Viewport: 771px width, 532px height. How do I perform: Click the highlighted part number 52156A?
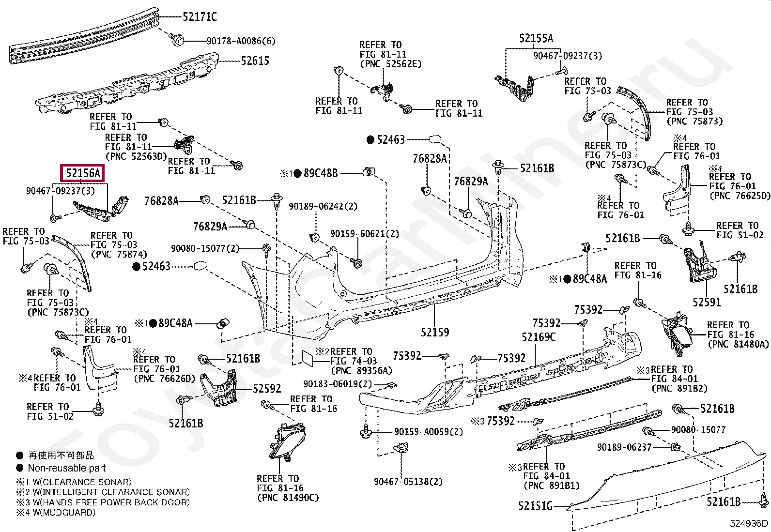[x=83, y=173]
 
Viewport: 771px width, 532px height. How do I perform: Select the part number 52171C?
[x=200, y=17]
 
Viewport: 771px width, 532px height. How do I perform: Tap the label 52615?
[x=255, y=61]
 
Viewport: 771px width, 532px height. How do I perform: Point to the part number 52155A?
[x=536, y=39]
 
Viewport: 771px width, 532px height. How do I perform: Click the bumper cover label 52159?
[x=435, y=332]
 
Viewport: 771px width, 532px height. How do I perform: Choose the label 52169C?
[x=539, y=337]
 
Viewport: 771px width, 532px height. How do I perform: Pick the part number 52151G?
[x=536, y=506]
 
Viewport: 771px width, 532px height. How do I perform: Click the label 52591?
[x=706, y=302]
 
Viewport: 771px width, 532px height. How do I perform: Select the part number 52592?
[x=267, y=389]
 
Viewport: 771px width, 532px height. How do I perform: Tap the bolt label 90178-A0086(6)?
[x=241, y=41]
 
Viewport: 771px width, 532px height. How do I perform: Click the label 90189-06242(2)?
[x=323, y=207]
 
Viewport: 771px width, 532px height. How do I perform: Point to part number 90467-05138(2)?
[x=409, y=482]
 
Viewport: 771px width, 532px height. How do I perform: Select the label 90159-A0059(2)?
[x=429, y=431]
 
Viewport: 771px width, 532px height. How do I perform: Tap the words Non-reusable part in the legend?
[x=67, y=468]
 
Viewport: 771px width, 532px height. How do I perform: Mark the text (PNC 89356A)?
[x=362, y=371]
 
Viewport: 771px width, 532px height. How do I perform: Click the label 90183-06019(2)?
[x=338, y=384]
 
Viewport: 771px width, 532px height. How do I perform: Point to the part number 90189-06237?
[x=624, y=447]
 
